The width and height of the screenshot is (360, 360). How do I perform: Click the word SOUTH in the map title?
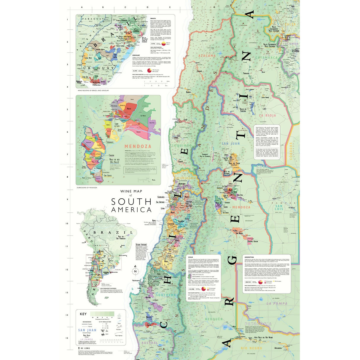coord(131,202)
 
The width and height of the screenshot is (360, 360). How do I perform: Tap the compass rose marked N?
coord(135,271)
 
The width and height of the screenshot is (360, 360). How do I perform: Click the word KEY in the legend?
coord(83,314)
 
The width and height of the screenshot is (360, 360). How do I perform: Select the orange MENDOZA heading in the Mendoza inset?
coord(138,146)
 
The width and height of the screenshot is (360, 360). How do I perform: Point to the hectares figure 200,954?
coord(248,282)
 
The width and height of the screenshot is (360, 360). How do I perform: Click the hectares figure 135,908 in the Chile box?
coord(191,289)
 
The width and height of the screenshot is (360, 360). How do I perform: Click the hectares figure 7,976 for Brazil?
coord(153,44)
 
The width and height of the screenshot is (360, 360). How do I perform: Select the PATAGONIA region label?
coord(258,324)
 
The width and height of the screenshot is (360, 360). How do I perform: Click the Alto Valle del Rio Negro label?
coord(263,337)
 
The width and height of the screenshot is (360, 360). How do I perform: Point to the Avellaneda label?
coord(278,348)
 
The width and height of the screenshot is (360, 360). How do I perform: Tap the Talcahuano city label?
coord(136,281)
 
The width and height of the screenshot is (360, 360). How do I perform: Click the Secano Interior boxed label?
coord(141,245)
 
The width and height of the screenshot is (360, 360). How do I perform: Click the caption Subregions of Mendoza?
coord(87,188)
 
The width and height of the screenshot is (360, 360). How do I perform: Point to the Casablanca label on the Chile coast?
coord(161,197)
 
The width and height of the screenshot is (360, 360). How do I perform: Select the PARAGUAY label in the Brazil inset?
coord(91,19)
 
